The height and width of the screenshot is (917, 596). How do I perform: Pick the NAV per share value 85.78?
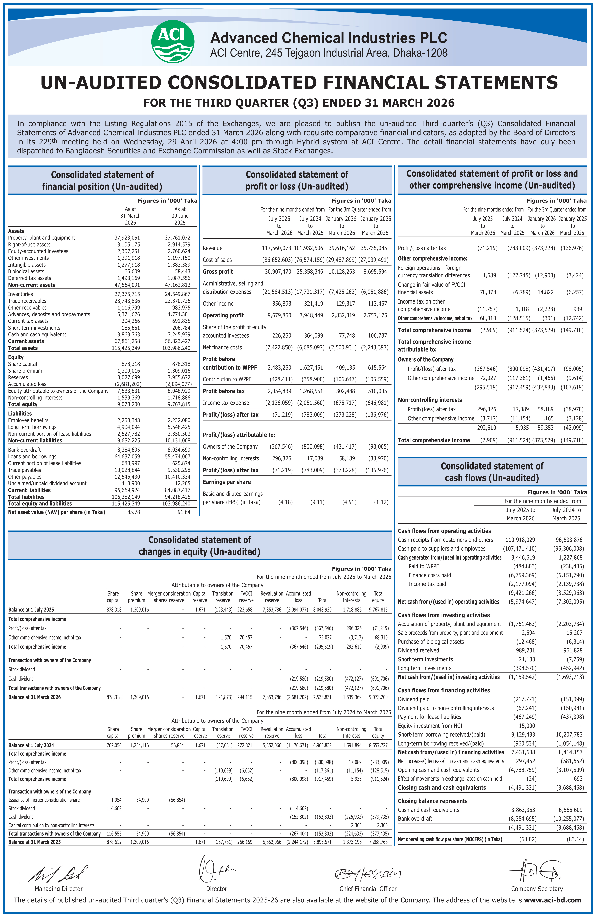pos(134,512)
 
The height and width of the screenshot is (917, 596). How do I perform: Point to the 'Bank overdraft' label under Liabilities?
pos(24,450)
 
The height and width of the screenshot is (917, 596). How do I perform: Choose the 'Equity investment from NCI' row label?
pos(430,726)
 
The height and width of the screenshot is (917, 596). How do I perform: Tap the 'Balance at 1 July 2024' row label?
pos(31,745)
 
